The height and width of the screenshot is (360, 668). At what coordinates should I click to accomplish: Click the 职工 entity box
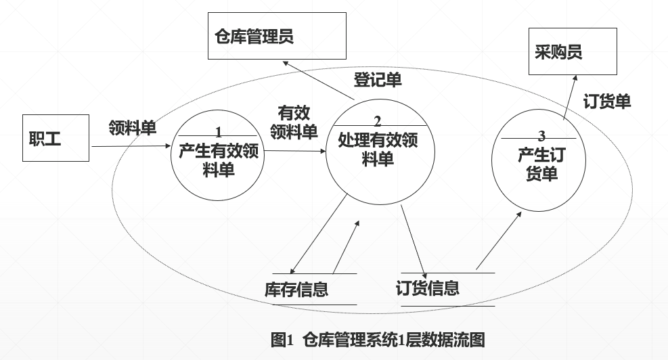tap(55, 138)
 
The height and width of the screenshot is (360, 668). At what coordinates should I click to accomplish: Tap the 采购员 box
tap(572, 51)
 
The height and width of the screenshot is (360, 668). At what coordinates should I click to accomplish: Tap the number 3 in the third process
tap(541, 135)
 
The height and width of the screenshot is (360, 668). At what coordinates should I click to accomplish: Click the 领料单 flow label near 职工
tap(133, 128)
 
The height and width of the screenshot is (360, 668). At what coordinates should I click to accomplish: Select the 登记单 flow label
tap(378, 80)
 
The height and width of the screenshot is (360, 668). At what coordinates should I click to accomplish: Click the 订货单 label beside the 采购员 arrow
tap(607, 102)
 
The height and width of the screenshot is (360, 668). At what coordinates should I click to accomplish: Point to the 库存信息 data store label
tap(296, 290)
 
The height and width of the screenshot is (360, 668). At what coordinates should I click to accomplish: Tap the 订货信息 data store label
tap(427, 288)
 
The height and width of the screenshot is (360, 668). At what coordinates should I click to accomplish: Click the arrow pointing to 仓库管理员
tap(318, 81)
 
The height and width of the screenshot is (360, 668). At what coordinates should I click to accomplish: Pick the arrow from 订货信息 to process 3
tap(499, 240)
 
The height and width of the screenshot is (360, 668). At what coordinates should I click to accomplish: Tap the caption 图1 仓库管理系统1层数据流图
tap(378, 339)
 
